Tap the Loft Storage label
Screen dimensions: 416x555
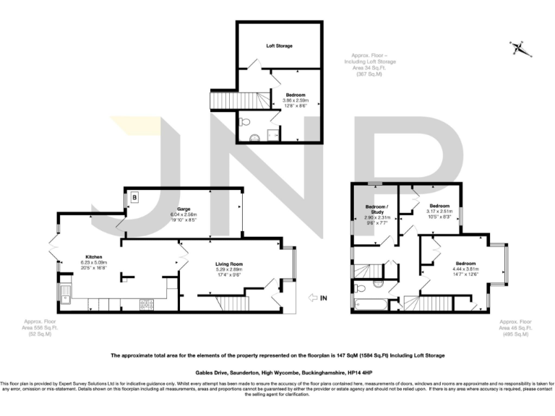[x=279, y=45]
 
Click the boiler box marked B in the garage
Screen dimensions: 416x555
[x=135, y=197]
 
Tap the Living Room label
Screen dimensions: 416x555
[x=228, y=264]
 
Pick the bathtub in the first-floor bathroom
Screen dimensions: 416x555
[x=371, y=302]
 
